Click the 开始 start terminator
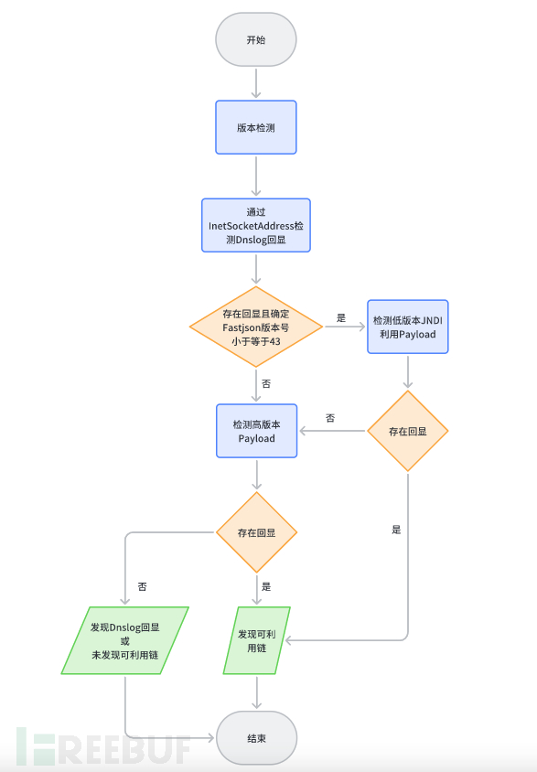(256, 39)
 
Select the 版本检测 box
(256, 127)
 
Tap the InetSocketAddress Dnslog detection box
(256, 226)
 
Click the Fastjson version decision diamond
(256, 327)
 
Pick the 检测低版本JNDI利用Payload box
(407, 327)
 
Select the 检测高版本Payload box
(256, 432)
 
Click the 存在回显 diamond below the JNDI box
(407, 432)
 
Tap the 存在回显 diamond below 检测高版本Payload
(256, 532)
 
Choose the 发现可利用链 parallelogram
(256, 640)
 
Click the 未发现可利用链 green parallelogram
(125, 640)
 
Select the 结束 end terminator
(256, 738)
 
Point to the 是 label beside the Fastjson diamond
(341, 318)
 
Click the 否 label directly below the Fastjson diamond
(266, 383)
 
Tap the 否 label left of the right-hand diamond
(330, 418)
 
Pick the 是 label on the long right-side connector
(396, 530)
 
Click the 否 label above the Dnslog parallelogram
(142, 586)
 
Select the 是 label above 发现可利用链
(266, 586)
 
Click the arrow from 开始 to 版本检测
(256, 83)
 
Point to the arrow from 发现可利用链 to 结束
(256, 692)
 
